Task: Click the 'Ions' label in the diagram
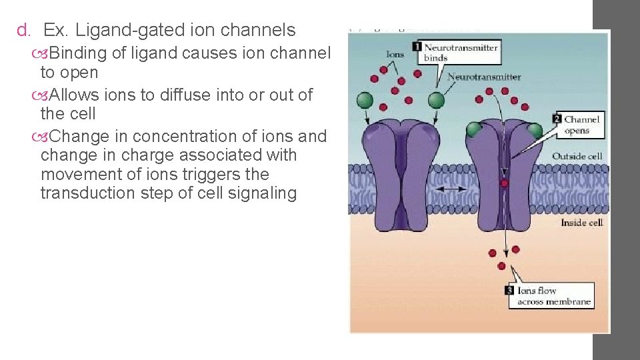click(395, 54)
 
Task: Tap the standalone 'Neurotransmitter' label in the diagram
click(484, 77)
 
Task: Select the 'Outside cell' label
click(577, 157)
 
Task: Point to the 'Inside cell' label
click(581, 223)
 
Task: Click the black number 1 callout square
click(417, 47)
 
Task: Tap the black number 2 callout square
click(557, 119)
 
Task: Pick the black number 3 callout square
click(510, 291)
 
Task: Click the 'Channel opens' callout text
click(581, 125)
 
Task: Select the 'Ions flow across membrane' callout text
click(554, 296)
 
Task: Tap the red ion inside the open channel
click(505, 183)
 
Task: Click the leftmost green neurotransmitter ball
click(364, 100)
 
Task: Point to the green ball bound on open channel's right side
click(535, 129)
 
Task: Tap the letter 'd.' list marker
click(24, 30)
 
